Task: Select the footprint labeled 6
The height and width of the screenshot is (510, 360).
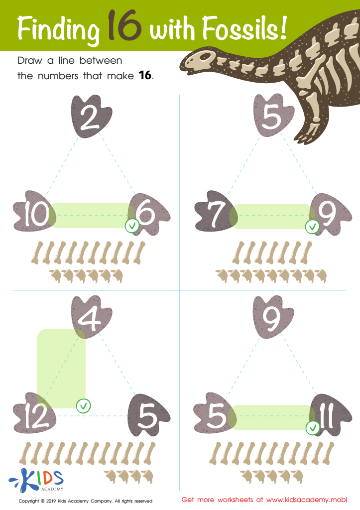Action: (x=148, y=215)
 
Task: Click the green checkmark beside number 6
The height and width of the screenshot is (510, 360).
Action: (x=131, y=226)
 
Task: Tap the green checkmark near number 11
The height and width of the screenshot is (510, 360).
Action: (x=313, y=427)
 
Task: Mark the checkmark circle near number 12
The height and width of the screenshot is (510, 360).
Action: (x=83, y=405)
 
